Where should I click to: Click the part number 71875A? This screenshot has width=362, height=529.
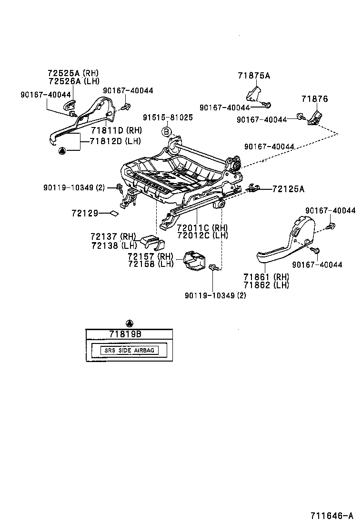(x=254, y=75)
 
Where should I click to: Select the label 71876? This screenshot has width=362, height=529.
(x=314, y=99)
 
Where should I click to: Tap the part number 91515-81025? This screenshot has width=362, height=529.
(x=168, y=118)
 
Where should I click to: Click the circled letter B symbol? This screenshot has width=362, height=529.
(x=167, y=132)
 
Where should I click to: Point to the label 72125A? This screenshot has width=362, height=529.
(x=288, y=189)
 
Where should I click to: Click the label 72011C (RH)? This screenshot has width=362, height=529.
(x=202, y=227)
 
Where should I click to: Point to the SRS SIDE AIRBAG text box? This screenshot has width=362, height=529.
(x=130, y=351)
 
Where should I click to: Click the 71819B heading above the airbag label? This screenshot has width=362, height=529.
(x=125, y=334)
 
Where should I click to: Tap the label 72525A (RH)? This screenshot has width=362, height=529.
(x=73, y=73)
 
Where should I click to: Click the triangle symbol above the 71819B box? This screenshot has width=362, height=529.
(x=130, y=323)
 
